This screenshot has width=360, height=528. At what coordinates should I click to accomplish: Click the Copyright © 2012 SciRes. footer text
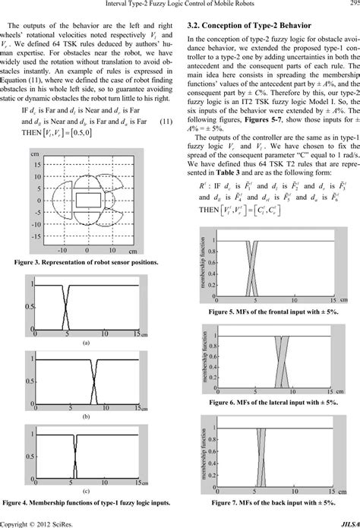pyautogui.click(x=37, y=523)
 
